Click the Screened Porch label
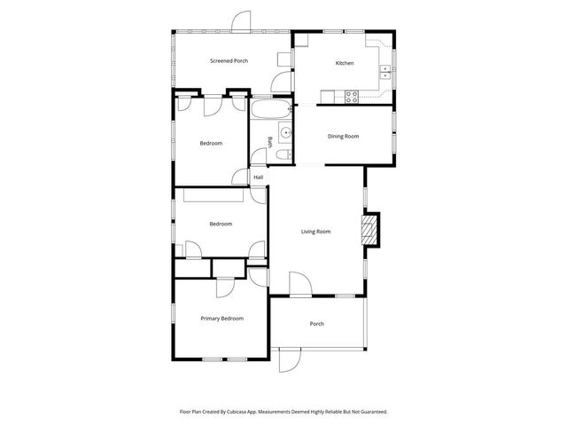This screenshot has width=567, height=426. pyautogui.click(x=229, y=61)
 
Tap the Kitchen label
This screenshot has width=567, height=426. pyautogui.click(x=344, y=63)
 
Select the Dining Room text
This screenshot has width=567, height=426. pyautogui.click(x=343, y=136)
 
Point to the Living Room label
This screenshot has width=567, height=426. pyautogui.click(x=315, y=232)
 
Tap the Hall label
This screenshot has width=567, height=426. pyautogui.click(x=259, y=177)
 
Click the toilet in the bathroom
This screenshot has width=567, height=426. pyautogui.click(x=280, y=156)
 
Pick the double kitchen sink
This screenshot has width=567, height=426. pyautogui.click(x=386, y=70)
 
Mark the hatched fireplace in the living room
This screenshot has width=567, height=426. pyautogui.click(x=369, y=230)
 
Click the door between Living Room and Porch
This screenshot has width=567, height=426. pyautogui.click(x=299, y=285)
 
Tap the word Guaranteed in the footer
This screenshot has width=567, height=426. pyautogui.click(x=369, y=412)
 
